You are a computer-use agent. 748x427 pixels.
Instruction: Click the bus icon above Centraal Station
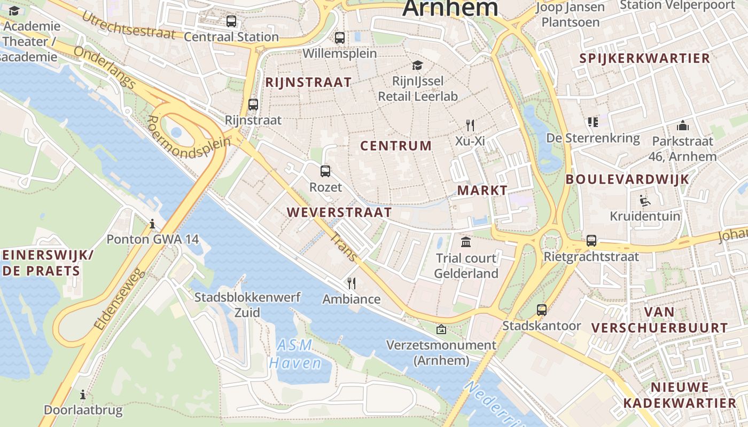(231, 21)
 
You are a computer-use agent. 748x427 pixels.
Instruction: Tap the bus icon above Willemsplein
(340, 38)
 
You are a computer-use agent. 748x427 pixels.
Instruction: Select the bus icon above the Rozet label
(325, 171)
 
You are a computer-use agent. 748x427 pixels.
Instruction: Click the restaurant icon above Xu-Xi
(470, 125)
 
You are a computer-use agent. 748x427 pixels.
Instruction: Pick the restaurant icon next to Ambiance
(351, 283)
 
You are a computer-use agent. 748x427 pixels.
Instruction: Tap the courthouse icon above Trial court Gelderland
(466, 242)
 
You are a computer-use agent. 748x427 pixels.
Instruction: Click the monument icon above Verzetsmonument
(441, 329)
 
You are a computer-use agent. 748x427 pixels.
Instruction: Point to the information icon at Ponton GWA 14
(152, 223)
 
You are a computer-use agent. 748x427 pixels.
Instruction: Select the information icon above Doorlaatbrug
(83, 395)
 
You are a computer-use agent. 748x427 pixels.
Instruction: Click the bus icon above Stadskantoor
(541, 310)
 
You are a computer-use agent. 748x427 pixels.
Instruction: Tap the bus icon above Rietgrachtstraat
(591, 241)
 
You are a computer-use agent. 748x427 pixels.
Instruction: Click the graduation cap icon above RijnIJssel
(417, 65)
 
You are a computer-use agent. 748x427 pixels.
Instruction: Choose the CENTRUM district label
(395, 146)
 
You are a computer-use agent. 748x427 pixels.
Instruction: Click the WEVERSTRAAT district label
(339, 212)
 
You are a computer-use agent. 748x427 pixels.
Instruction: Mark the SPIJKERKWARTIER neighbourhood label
(645, 58)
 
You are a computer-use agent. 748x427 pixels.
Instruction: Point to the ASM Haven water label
(295, 354)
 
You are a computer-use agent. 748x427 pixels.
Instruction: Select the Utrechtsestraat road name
(128, 26)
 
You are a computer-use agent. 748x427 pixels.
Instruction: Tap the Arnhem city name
(450, 9)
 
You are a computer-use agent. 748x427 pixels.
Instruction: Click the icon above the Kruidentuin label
(645, 201)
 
